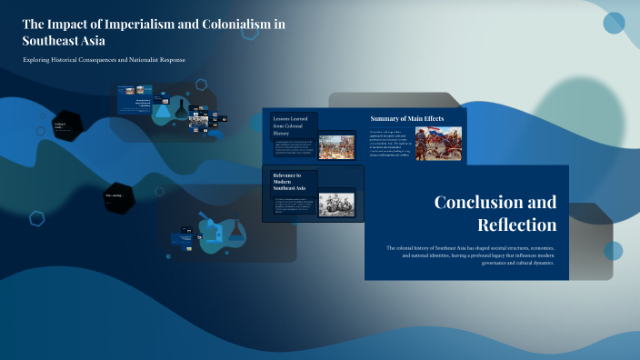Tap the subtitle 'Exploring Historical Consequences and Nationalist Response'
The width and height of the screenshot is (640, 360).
pos(105,60)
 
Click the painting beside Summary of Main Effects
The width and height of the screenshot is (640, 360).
pos(438,144)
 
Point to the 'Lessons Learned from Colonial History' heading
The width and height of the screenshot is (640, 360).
pos(293,125)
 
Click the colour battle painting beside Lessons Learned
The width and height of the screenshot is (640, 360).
pos(336,146)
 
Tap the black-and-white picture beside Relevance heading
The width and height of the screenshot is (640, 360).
pos(336,204)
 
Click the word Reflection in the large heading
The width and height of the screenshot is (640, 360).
pos(516,224)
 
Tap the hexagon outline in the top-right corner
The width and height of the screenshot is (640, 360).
pos(614,23)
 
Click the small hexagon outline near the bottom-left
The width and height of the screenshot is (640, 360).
pos(37,217)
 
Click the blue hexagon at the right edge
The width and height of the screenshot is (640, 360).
pos(614,251)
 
